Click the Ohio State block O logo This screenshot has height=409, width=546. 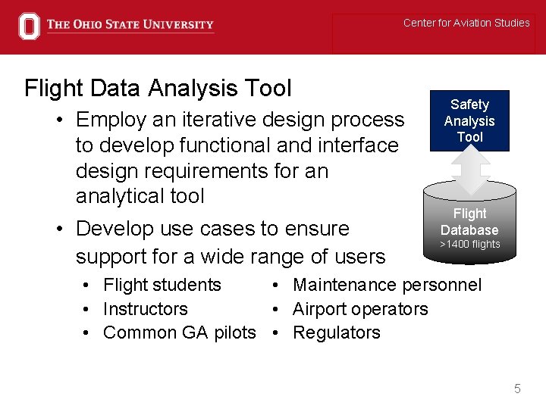coord(29,26)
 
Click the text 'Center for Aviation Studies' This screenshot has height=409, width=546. coord(466,23)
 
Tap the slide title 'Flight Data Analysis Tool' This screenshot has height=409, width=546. coord(158,89)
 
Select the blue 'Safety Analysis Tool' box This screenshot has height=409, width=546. coord(469,120)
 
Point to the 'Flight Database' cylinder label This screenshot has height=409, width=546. coord(469,222)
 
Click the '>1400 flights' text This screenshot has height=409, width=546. coord(470,244)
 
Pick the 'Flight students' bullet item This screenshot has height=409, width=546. coord(162,285)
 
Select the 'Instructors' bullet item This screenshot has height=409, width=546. coord(145,309)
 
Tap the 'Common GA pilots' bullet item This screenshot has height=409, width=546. coord(179,333)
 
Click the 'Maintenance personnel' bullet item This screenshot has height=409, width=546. coord(387,285)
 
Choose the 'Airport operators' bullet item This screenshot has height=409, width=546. coord(360,309)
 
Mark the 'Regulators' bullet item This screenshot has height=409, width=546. coord(337,333)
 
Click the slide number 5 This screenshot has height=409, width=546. coord(517,389)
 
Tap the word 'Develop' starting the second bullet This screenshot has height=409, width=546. coord(112,228)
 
